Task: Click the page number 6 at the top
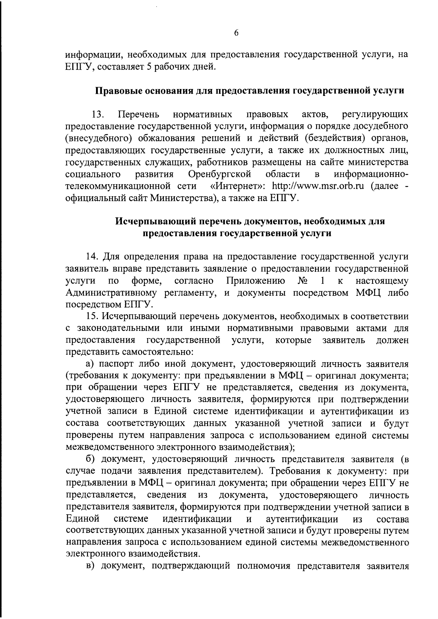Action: [x=236, y=33]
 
